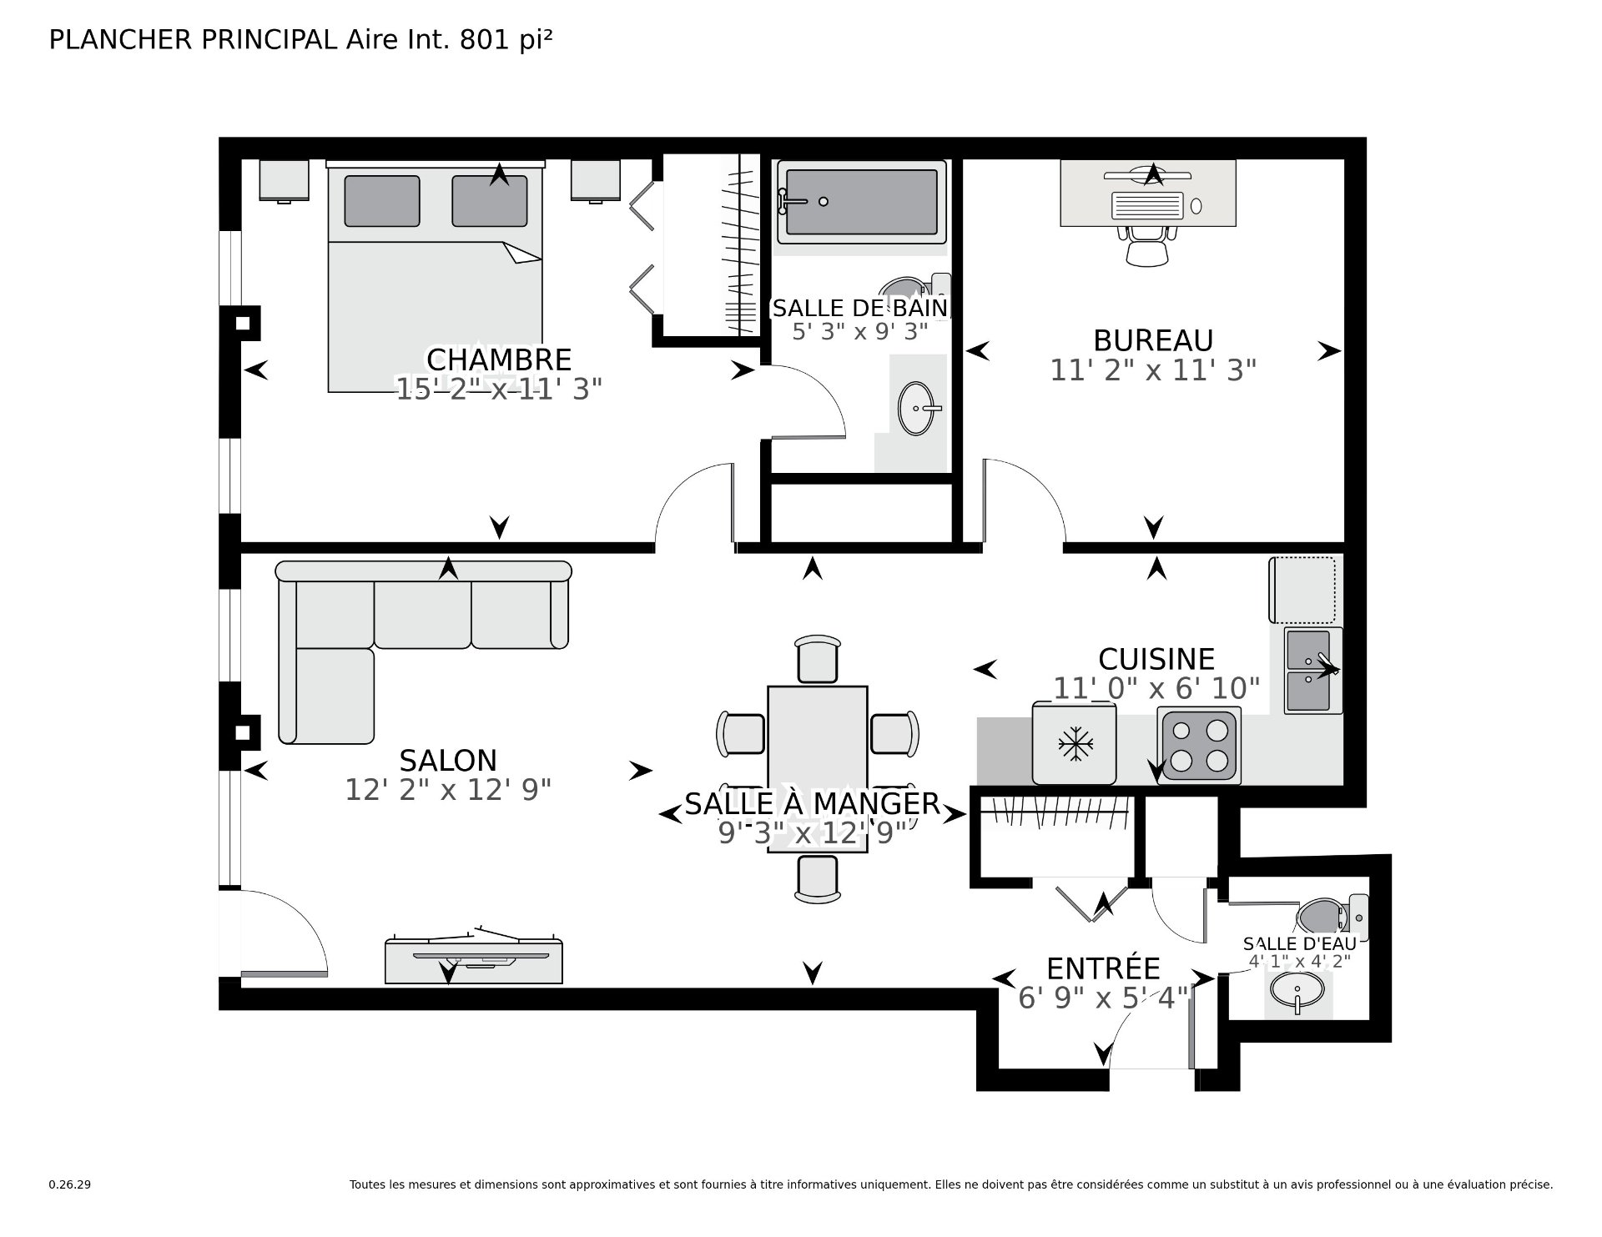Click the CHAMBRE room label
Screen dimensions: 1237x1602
click(x=498, y=360)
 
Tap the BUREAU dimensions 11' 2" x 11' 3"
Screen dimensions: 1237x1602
click(x=1152, y=370)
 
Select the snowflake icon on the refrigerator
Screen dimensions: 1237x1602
click(x=1076, y=743)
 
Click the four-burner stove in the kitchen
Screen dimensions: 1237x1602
click(x=1199, y=746)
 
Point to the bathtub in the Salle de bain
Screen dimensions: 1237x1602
click(x=861, y=202)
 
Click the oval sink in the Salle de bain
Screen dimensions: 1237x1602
click(x=916, y=409)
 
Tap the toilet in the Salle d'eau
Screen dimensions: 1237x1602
click(x=1327, y=915)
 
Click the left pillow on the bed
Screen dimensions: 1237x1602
click(x=381, y=200)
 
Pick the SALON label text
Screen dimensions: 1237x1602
click(x=448, y=761)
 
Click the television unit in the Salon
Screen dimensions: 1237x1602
click(x=473, y=959)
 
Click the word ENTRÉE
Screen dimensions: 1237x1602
click(x=1103, y=968)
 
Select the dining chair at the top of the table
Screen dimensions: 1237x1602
click(x=817, y=660)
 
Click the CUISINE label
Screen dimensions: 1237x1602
click(x=1156, y=659)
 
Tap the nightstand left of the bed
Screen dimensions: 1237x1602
click(x=284, y=180)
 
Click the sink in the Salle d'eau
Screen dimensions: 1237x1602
click(x=1297, y=992)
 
